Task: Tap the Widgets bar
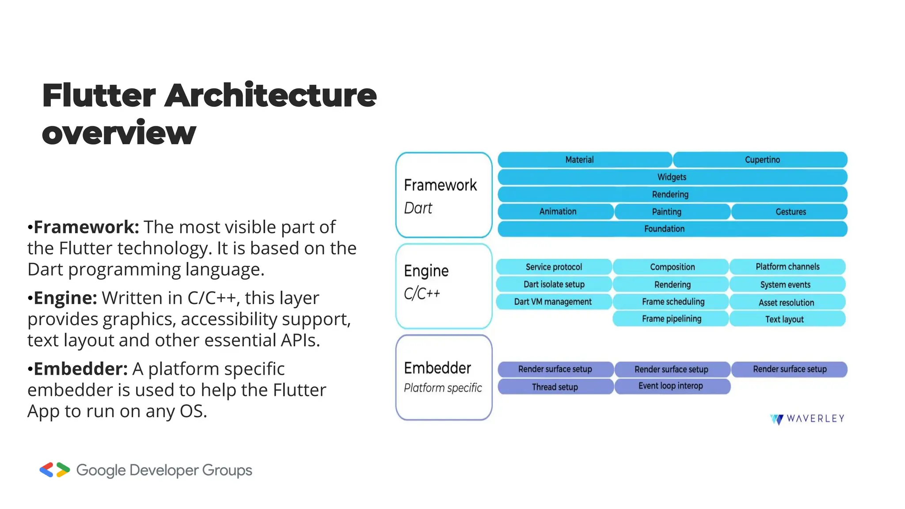pos(672,177)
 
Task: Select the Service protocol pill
pos(554,267)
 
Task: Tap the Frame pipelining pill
pos(671,319)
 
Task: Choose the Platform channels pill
pos(787,267)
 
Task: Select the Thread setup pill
pos(555,387)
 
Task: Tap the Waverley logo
pos(807,419)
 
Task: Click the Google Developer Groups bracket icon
pos(55,470)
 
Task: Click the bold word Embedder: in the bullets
pos(80,369)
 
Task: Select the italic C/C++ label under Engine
pos(422,293)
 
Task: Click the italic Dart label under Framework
pos(418,208)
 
